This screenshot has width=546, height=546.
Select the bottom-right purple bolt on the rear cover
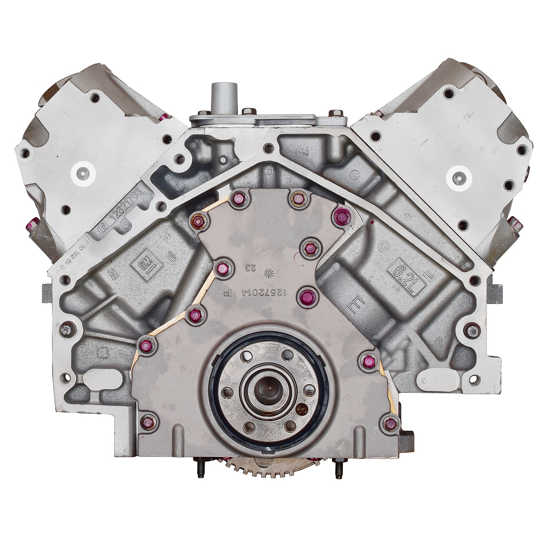point(390,423)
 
